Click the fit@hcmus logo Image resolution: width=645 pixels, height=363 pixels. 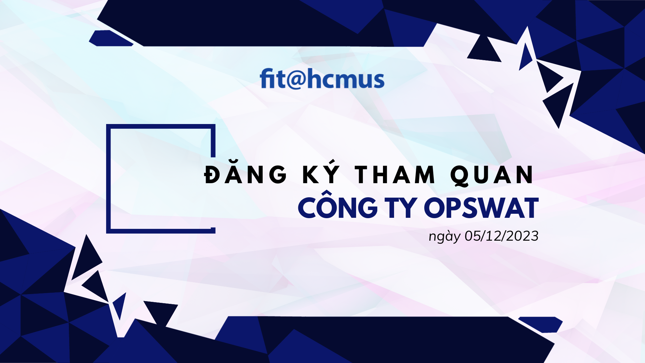coord(322,79)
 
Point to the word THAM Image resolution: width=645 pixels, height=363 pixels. coord(395,175)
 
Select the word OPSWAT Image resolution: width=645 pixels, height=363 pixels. coord(481,208)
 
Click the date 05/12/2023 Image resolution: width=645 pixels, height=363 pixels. coord(502,236)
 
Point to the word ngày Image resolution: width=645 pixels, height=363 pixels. coord(444,237)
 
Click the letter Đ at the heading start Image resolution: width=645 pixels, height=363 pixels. coord(214,175)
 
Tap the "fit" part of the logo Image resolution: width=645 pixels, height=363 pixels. coord(272,78)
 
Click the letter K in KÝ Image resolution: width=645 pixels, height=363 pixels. coord(311,175)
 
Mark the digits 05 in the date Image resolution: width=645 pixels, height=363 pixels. coord(472,236)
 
